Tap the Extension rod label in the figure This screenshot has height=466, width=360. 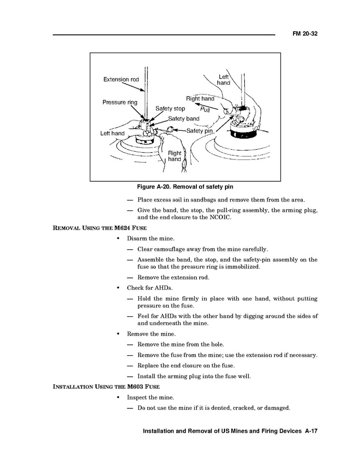point(121,79)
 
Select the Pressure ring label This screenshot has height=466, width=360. point(120,102)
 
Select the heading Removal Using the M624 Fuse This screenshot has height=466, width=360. point(100,228)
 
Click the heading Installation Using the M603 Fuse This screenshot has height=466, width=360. point(106,387)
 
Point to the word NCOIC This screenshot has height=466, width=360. point(220,217)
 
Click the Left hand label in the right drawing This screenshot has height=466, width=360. point(223,80)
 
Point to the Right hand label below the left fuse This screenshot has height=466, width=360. point(175,156)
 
